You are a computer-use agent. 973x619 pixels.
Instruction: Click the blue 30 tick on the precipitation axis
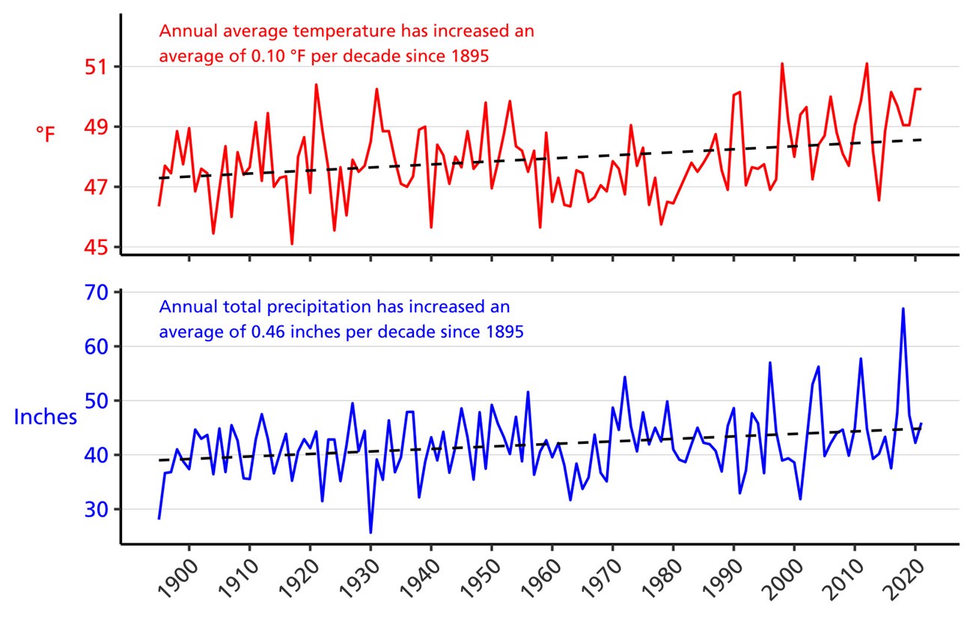[x=97, y=509]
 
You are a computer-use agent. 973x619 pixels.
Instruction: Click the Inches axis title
[x=46, y=417]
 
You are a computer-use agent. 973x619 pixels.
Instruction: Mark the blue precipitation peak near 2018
[x=903, y=308]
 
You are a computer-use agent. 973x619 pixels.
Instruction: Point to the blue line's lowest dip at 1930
[x=370, y=532]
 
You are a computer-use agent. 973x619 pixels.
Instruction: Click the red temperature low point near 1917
[x=292, y=243]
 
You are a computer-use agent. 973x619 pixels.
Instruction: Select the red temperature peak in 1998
[x=782, y=64]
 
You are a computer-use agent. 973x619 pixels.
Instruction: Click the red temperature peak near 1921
[x=316, y=85]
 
